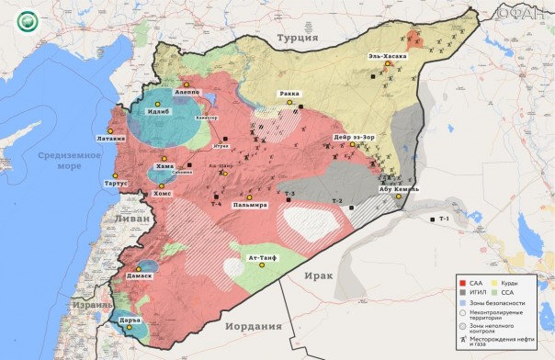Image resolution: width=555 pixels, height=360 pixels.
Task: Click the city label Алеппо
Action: tap(187, 93)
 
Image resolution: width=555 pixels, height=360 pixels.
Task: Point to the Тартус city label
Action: tap(117, 183)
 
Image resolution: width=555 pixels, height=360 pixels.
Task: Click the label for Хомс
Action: tap(162, 194)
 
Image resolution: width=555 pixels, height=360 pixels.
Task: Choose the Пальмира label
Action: tap(249, 205)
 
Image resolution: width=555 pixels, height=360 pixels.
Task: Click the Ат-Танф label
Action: tap(264, 259)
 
